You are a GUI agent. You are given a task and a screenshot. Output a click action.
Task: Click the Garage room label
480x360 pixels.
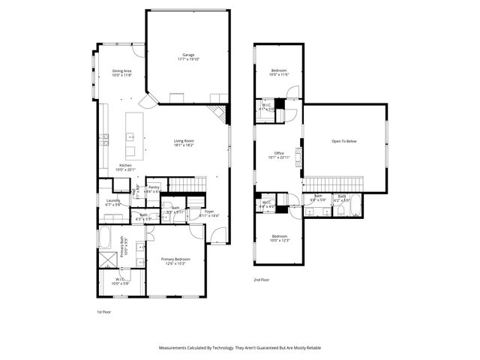[x=187, y=58]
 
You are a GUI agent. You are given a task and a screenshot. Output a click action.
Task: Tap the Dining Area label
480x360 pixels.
[x=121, y=73]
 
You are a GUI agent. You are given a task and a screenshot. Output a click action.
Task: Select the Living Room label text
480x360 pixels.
[x=184, y=142]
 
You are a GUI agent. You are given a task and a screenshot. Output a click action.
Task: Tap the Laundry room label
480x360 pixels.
[x=113, y=202]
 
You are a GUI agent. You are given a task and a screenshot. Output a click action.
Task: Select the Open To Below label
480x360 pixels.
[x=344, y=142]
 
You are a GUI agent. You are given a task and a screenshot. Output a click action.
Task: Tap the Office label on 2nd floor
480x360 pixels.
[x=278, y=155]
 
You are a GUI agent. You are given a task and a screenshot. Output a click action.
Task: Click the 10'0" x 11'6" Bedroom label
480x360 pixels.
[x=278, y=73]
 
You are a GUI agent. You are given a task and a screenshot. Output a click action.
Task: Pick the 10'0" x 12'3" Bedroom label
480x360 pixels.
[x=278, y=238]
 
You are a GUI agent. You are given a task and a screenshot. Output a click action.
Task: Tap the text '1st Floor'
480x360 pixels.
[x=103, y=310]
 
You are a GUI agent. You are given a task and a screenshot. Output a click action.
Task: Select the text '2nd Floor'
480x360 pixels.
[x=262, y=279]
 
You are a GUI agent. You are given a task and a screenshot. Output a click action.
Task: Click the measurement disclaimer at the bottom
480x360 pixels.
[x=240, y=348]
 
